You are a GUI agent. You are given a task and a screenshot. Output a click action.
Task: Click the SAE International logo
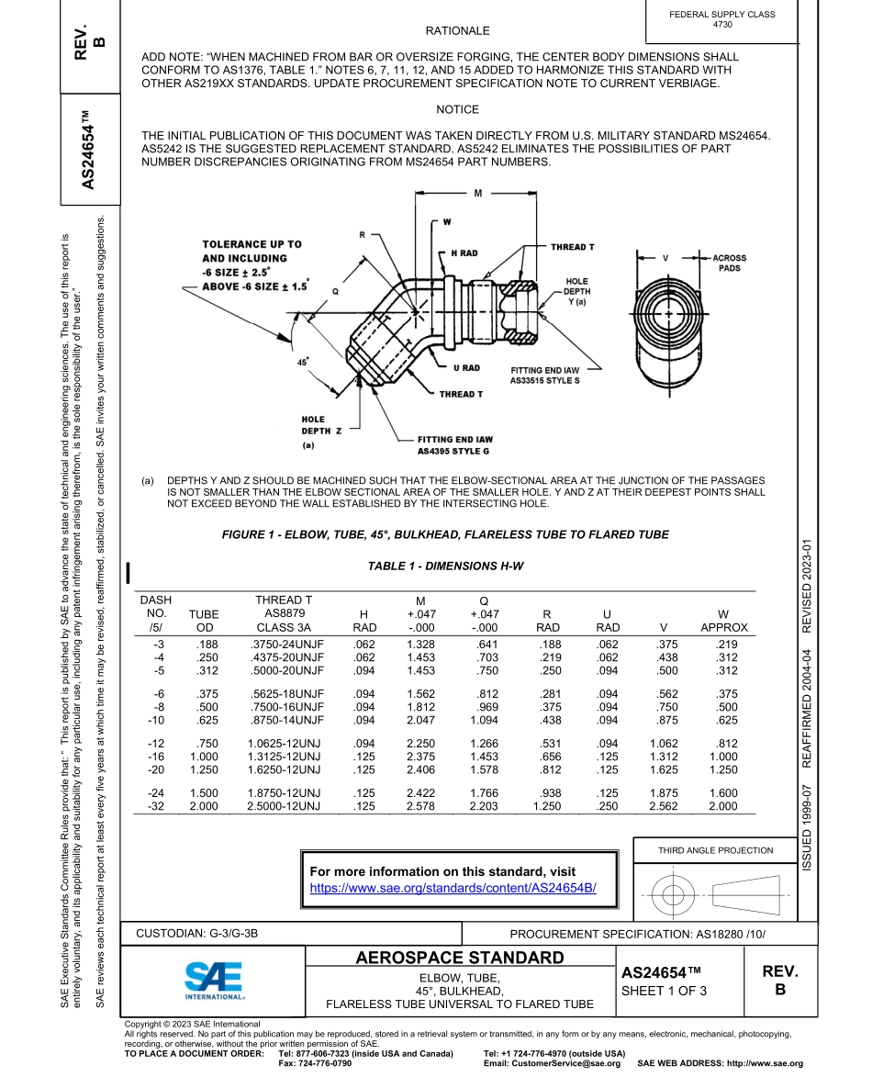click(213, 979)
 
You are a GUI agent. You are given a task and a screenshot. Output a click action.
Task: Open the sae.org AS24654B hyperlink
click(453, 888)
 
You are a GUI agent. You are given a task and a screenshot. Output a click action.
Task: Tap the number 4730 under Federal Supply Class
click(722, 25)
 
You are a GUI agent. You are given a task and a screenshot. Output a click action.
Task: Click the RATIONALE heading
click(458, 31)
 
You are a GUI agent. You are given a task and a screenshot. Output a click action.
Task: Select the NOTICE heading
click(458, 110)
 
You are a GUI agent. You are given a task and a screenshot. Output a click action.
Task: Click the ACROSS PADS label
click(730, 264)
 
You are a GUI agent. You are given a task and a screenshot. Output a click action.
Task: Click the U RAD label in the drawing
click(466, 367)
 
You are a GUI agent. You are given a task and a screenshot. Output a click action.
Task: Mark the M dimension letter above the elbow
click(479, 194)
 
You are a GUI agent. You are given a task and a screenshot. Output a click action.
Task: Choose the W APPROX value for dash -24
click(723, 792)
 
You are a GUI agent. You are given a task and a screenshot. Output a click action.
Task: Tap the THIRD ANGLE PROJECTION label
click(715, 850)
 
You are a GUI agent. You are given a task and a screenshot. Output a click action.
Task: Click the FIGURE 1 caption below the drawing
click(445, 534)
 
